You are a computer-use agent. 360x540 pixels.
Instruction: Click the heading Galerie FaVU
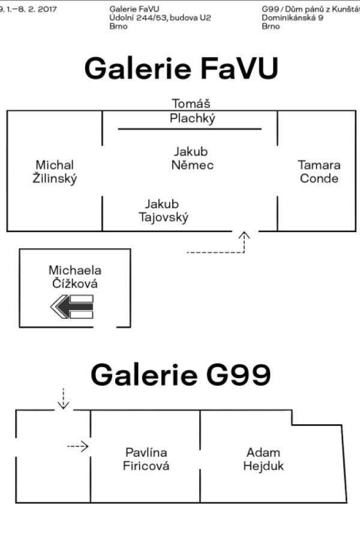181,69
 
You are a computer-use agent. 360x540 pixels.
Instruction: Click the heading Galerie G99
181,376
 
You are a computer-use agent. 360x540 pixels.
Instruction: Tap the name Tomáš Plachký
192,111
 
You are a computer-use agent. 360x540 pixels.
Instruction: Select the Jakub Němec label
193,158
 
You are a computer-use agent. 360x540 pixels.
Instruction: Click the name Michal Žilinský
55,172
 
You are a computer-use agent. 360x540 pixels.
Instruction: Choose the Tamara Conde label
319,172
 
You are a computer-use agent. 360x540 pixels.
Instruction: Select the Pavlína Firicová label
146,459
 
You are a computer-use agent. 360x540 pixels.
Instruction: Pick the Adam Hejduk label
263,459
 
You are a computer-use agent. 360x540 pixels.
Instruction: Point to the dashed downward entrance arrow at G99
63,398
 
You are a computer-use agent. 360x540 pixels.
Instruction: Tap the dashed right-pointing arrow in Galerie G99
78,446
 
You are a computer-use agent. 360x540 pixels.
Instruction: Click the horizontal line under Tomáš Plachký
190,128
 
